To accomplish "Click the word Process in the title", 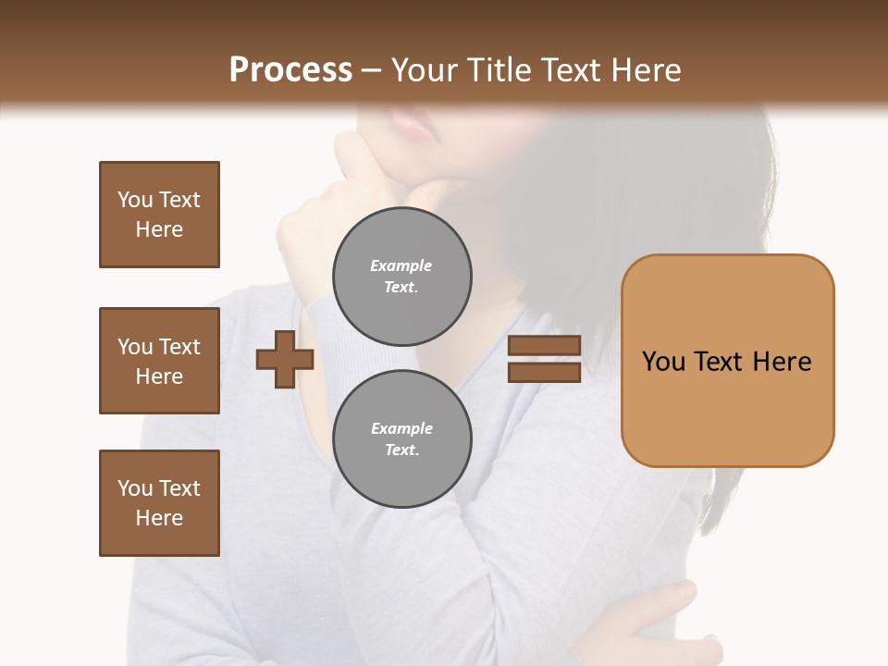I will pyautogui.click(x=290, y=70).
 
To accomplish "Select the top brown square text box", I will pyautogui.click(x=159, y=215).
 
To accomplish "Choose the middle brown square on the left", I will pyautogui.click(x=159, y=361).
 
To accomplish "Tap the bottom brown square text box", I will pyautogui.click(x=159, y=503).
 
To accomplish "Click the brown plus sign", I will pyautogui.click(x=284, y=360).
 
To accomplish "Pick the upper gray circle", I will pyautogui.click(x=401, y=276).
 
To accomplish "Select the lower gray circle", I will pyautogui.click(x=401, y=438).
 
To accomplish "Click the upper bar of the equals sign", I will pyautogui.click(x=545, y=345).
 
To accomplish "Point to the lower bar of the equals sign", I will pyautogui.click(x=545, y=372).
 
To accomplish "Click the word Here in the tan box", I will pyautogui.click(x=782, y=362).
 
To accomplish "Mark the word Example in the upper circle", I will pyautogui.click(x=401, y=265).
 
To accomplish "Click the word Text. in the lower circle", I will pyautogui.click(x=401, y=450).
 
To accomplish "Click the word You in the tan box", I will pyautogui.click(x=663, y=362).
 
